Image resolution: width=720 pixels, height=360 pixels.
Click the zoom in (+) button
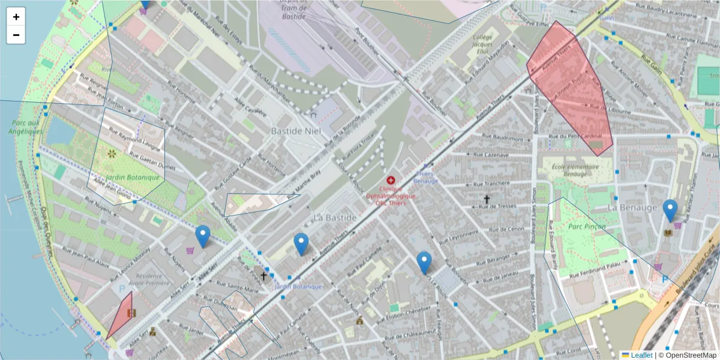(x=16, y=17)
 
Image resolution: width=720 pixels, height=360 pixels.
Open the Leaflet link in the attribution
(x=641, y=355)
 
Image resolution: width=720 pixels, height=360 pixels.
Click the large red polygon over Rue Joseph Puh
(x=570, y=90)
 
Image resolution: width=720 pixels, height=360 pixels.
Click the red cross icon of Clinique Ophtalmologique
(x=391, y=180)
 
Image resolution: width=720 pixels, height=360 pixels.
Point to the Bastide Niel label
(x=296, y=131)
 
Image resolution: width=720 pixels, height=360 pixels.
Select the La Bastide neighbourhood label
(x=334, y=217)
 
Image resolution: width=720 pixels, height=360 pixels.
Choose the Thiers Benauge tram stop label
(x=427, y=178)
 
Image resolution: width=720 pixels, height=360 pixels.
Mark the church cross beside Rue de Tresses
(x=487, y=199)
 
